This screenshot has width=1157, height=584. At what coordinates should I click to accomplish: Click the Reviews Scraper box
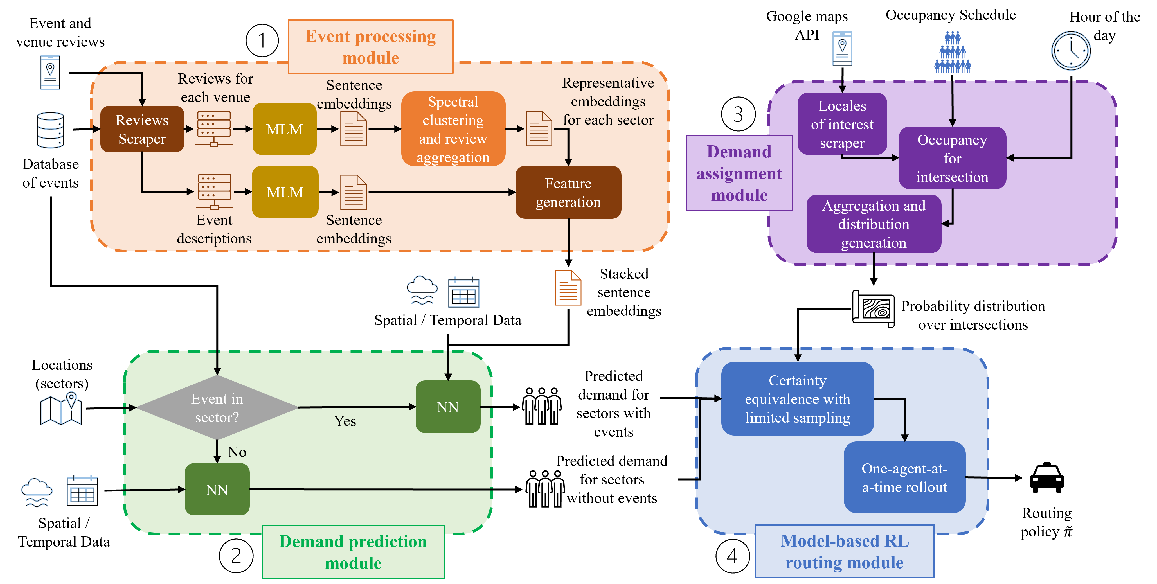142,129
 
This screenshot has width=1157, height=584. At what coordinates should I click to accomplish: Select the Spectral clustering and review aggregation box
453,129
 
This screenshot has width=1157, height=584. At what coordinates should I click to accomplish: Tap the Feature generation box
568,193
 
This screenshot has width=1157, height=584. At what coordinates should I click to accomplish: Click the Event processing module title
371,47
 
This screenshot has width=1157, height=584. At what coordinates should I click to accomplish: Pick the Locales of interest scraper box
842,124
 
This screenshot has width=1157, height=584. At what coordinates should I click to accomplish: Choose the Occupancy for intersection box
952,158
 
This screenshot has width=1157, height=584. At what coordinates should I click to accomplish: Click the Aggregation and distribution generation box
874,224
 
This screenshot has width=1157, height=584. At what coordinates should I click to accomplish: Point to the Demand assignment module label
739,173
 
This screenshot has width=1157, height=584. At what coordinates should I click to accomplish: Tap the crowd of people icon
952,53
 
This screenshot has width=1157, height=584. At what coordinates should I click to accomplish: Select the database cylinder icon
50,130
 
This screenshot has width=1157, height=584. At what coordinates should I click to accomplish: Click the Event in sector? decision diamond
217,408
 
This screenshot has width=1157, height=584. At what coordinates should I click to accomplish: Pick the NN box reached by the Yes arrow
448,407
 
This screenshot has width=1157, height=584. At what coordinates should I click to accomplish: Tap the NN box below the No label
217,489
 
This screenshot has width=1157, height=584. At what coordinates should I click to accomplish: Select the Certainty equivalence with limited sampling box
797,399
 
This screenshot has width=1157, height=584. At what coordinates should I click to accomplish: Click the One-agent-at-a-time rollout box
904,478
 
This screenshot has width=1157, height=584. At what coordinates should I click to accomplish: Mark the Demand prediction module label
353,552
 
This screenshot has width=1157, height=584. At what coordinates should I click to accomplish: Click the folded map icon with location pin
61,409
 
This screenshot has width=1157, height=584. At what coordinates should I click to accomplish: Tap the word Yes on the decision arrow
345,421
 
